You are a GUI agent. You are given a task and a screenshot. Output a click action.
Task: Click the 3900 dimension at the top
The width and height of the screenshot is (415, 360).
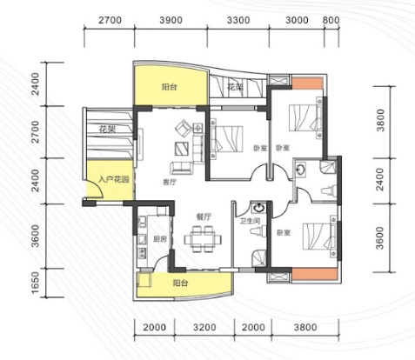pyautogui.click(x=171, y=20)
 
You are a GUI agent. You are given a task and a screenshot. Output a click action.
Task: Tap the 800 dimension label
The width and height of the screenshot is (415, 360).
pyautogui.click(x=331, y=20)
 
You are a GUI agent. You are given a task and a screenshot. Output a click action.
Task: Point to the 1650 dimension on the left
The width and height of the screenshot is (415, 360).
pyautogui.click(x=36, y=283)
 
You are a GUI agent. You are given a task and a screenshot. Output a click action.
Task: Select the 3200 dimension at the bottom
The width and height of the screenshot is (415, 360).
pyautogui.click(x=204, y=328)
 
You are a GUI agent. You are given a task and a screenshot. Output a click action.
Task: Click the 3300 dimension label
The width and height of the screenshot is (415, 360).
pyautogui.click(x=238, y=20)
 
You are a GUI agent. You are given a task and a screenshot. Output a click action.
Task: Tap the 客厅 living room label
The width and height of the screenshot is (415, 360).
pyautogui.click(x=170, y=183)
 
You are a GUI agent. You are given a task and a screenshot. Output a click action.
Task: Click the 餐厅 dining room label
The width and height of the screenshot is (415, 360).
pyautogui.click(x=204, y=217)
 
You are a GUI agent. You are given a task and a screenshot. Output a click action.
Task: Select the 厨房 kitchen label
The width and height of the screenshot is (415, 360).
pyautogui.click(x=160, y=239)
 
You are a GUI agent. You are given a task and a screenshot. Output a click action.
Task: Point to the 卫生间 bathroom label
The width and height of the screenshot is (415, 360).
pyautogui.click(x=250, y=221)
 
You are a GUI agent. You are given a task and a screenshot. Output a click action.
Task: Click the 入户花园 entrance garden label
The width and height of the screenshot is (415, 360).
pyautogui.click(x=114, y=180)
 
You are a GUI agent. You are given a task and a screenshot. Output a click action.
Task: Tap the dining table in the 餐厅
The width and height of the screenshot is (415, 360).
pyautogui.click(x=203, y=239)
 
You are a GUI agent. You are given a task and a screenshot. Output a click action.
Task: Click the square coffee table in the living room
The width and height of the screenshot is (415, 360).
pyautogui.click(x=182, y=149)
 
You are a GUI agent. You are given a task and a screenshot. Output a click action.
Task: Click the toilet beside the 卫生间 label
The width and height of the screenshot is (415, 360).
pyautogui.click(x=258, y=231)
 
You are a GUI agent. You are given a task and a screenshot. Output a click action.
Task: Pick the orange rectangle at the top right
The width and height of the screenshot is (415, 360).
pyautogui.click(x=307, y=83)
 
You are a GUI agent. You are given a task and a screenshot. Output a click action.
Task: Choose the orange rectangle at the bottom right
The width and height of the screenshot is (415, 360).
pyautogui.click(x=315, y=274)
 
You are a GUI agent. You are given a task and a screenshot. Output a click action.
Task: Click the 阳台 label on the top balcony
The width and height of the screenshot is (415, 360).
pyautogui.click(x=169, y=87)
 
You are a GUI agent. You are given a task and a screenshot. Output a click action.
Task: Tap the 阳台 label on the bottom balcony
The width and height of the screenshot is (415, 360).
pyautogui.click(x=180, y=283)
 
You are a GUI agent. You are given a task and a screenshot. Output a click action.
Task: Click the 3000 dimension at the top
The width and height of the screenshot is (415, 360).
pyautogui.click(x=297, y=20)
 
